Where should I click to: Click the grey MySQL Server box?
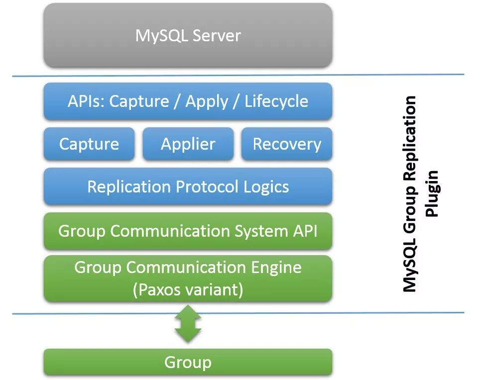click(188, 35)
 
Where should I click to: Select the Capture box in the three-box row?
click(89, 144)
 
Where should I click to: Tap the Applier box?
click(188, 144)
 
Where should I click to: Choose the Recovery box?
click(287, 144)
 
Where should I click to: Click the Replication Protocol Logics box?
click(188, 187)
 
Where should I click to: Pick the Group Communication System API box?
click(188, 231)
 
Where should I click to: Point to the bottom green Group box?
click(188, 362)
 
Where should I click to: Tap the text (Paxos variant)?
click(188, 289)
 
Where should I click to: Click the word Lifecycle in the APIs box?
click(276, 101)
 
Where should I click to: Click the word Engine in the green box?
click(276, 268)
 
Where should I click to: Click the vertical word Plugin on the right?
click(432, 194)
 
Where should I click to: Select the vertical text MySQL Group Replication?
click(409, 194)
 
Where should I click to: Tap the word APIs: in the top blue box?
click(86, 101)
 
